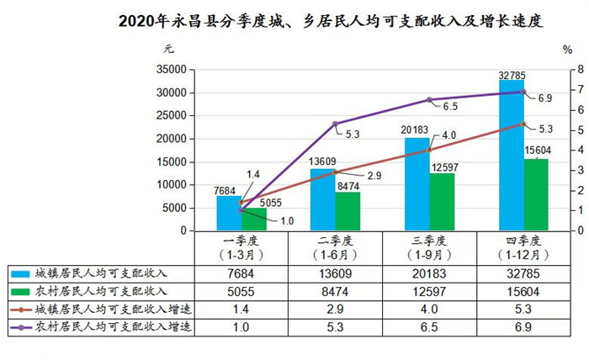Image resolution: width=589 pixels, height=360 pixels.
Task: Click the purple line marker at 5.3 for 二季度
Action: (x=335, y=124)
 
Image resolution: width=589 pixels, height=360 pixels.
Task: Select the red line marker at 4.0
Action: (x=429, y=150)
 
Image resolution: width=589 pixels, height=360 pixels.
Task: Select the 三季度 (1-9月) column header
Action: (x=432, y=246)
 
